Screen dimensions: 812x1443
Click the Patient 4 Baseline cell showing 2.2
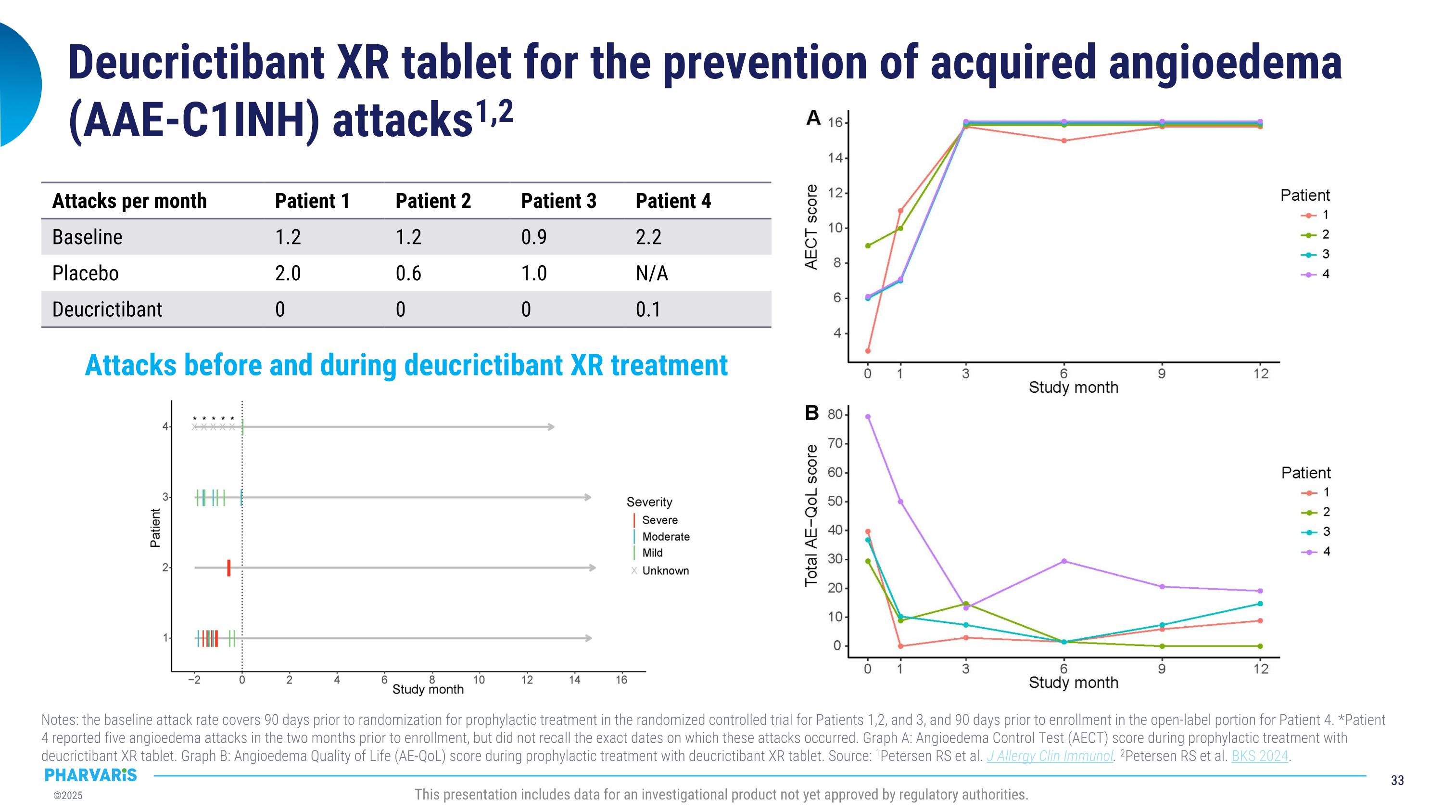point(648,237)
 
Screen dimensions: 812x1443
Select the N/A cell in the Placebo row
point(651,273)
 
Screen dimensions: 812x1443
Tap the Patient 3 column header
point(558,201)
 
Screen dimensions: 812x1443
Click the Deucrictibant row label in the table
point(107,309)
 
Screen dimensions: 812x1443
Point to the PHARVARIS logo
point(91,775)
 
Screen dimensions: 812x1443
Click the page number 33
point(1397,780)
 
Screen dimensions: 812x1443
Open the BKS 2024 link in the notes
point(1260,756)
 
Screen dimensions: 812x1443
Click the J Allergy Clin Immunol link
point(1050,756)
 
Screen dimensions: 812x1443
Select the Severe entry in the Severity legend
point(659,520)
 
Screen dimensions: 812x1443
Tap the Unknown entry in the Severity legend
point(665,570)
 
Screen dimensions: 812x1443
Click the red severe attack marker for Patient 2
point(229,567)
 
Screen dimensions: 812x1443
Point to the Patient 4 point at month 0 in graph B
point(868,416)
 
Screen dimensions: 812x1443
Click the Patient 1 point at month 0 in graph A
point(868,351)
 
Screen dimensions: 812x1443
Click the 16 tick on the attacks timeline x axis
point(621,680)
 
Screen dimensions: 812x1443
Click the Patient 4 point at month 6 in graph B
point(1064,561)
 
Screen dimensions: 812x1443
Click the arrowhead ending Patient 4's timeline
point(552,427)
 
